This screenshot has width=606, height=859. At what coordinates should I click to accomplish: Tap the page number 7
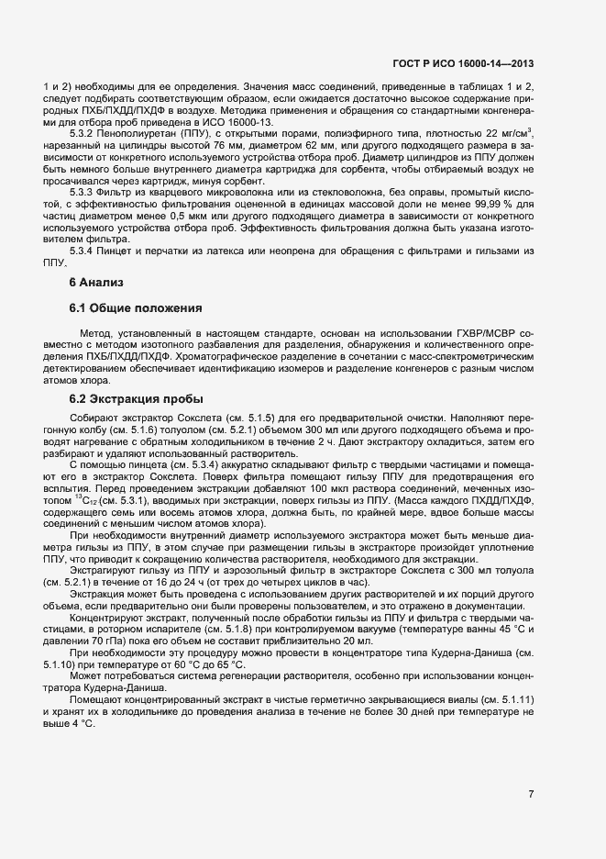pos(532,794)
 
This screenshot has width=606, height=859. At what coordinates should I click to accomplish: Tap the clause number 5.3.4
pos(86,251)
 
